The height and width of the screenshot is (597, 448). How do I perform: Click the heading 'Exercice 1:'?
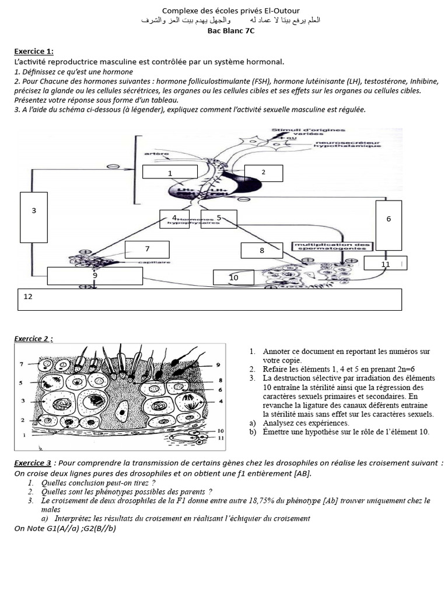[x=34, y=51]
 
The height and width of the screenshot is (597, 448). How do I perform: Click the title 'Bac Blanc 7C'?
[x=231, y=31]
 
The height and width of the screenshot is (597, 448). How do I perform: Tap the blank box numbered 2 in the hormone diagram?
[x=263, y=173]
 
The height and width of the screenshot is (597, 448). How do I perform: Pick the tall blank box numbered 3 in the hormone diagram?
[x=34, y=217]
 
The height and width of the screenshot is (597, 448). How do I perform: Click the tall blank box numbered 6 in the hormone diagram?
[x=388, y=225]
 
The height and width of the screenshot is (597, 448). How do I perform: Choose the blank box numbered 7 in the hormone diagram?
[x=147, y=249]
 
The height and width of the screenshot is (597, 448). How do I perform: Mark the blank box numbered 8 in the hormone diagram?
[x=262, y=250]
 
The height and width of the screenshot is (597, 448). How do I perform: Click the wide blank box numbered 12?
[x=210, y=299]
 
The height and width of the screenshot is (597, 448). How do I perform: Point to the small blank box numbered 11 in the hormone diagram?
[x=386, y=264]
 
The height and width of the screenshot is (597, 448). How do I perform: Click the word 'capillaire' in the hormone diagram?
[x=150, y=263]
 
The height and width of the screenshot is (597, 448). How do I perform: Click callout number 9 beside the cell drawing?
[x=218, y=364]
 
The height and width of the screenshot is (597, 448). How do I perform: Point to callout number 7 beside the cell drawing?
[x=21, y=364]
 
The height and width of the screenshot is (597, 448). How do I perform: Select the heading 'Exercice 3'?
[x=33, y=463]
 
